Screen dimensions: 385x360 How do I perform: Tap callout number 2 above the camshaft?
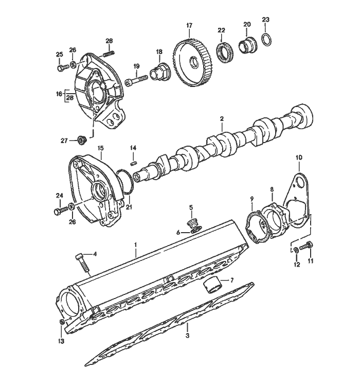click(222, 119)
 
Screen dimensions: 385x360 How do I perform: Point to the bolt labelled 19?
click(139, 79)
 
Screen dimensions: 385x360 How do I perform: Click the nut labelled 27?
click(80, 139)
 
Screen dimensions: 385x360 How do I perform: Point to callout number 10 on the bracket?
click(299, 156)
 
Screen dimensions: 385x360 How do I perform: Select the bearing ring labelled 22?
click(225, 51)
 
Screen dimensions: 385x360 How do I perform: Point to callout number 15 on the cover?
click(100, 147)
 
